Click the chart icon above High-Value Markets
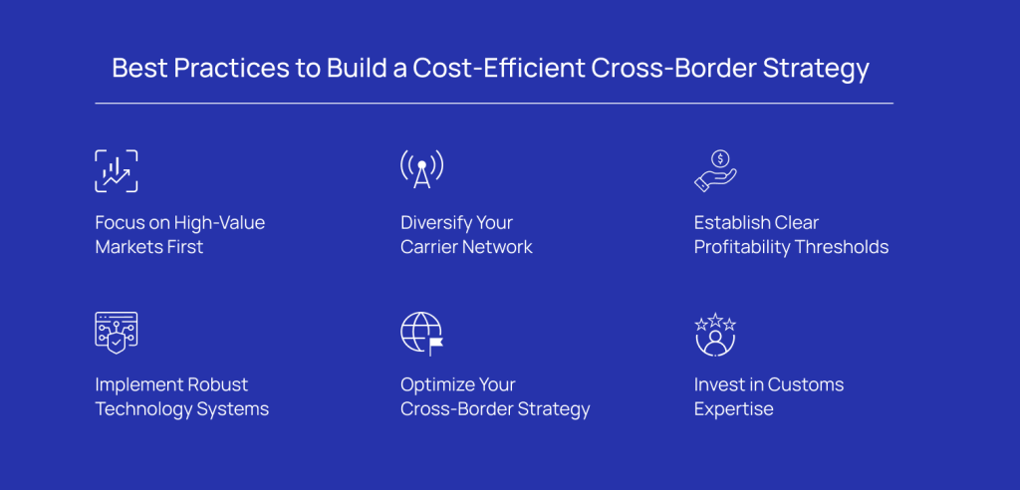point(117,171)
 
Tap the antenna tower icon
point(421,169)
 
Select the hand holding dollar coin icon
point(715,170)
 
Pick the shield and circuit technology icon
point(117,333)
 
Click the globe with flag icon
point(421,334)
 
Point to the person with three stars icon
point(715,334)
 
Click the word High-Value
point(220,222)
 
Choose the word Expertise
point(734,410)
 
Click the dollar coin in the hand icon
point(720,158)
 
